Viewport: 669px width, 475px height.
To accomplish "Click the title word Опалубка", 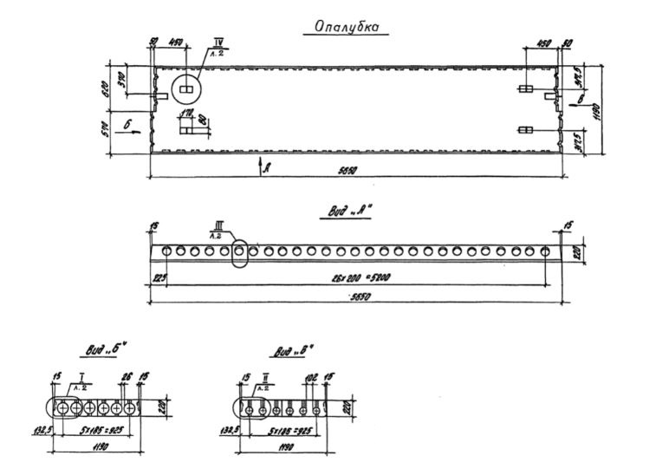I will tap(345, 28).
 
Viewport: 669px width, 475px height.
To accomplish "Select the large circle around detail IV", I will tap(186, 88).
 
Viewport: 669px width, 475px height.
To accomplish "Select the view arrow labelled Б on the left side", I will tap(127, 127).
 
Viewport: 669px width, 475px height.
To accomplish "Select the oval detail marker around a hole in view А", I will tap(239, 252).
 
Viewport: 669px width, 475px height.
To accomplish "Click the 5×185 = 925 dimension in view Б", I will tap(101, 430).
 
